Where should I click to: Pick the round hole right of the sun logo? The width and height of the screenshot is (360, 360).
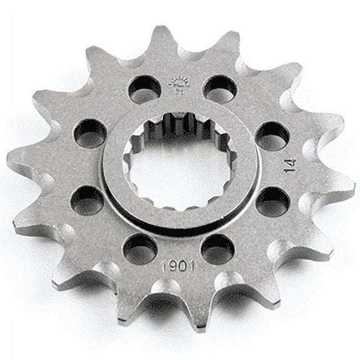219,89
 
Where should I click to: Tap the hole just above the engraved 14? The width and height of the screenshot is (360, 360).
272,136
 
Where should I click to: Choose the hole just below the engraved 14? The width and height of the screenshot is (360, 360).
273,201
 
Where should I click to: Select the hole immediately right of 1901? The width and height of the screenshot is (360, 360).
218,248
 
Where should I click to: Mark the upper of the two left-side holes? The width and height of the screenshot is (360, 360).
90,133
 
